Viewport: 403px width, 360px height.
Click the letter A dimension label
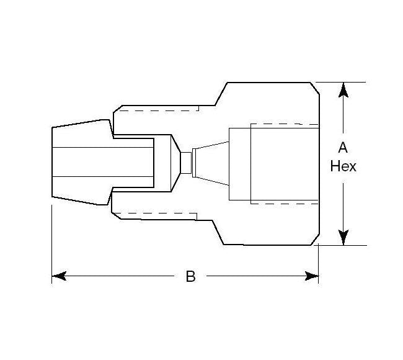point(343,147)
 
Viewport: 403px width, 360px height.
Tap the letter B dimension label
point(190,277)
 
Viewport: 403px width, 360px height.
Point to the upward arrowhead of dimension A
point(343,91)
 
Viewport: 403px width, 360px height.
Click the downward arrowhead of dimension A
point(343,237)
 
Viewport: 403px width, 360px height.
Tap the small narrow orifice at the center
point(185,163)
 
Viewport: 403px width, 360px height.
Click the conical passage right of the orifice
point(211,163)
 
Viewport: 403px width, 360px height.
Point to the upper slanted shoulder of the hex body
point(220,93)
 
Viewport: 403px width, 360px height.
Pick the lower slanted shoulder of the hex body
point(220,233)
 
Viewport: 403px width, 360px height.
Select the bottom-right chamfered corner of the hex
point(315,240)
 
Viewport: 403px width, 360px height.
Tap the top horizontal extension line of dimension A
point(341,82)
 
